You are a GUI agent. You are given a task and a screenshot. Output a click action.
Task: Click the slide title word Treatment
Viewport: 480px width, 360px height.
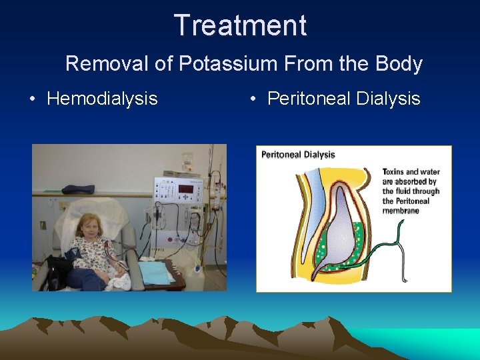[x=240, y=25]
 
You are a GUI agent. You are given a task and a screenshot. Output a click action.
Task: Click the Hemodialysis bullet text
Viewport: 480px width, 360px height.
[x=102, y=99]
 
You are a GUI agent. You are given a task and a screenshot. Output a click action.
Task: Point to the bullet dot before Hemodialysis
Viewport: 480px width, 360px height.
[x=32, y=99]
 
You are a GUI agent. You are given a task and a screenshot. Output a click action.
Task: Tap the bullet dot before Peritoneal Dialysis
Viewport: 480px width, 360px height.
[x=253, y=99]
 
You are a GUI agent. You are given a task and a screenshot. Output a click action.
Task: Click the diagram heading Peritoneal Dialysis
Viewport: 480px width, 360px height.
[x=298, y=155]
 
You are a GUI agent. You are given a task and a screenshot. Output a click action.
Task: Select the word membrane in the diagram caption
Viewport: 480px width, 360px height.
[x=401, y=211]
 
